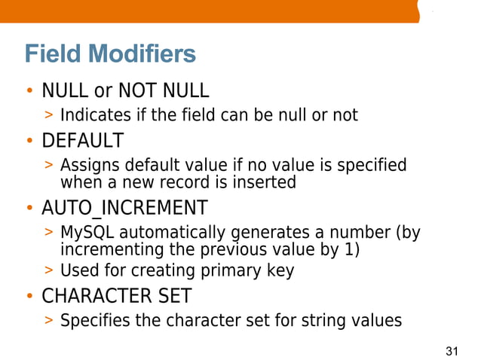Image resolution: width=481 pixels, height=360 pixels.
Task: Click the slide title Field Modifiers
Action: pyautogui.click(x=110, y=54)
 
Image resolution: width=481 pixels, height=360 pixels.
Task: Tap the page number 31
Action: pyautogui.click(x=452, y=351)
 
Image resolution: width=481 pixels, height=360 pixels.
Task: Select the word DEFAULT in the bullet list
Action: pyautogui.click(x=82, y=140)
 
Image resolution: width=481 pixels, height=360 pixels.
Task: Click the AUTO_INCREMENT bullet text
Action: pyautogui.click(x=124, y=207)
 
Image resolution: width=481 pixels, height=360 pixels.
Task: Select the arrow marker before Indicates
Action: pyautogui.click(x=49, y=116)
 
